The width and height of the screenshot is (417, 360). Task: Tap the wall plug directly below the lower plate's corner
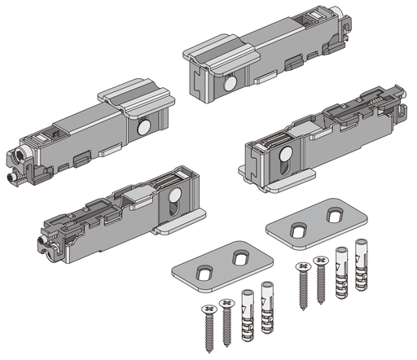pos(267,305)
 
